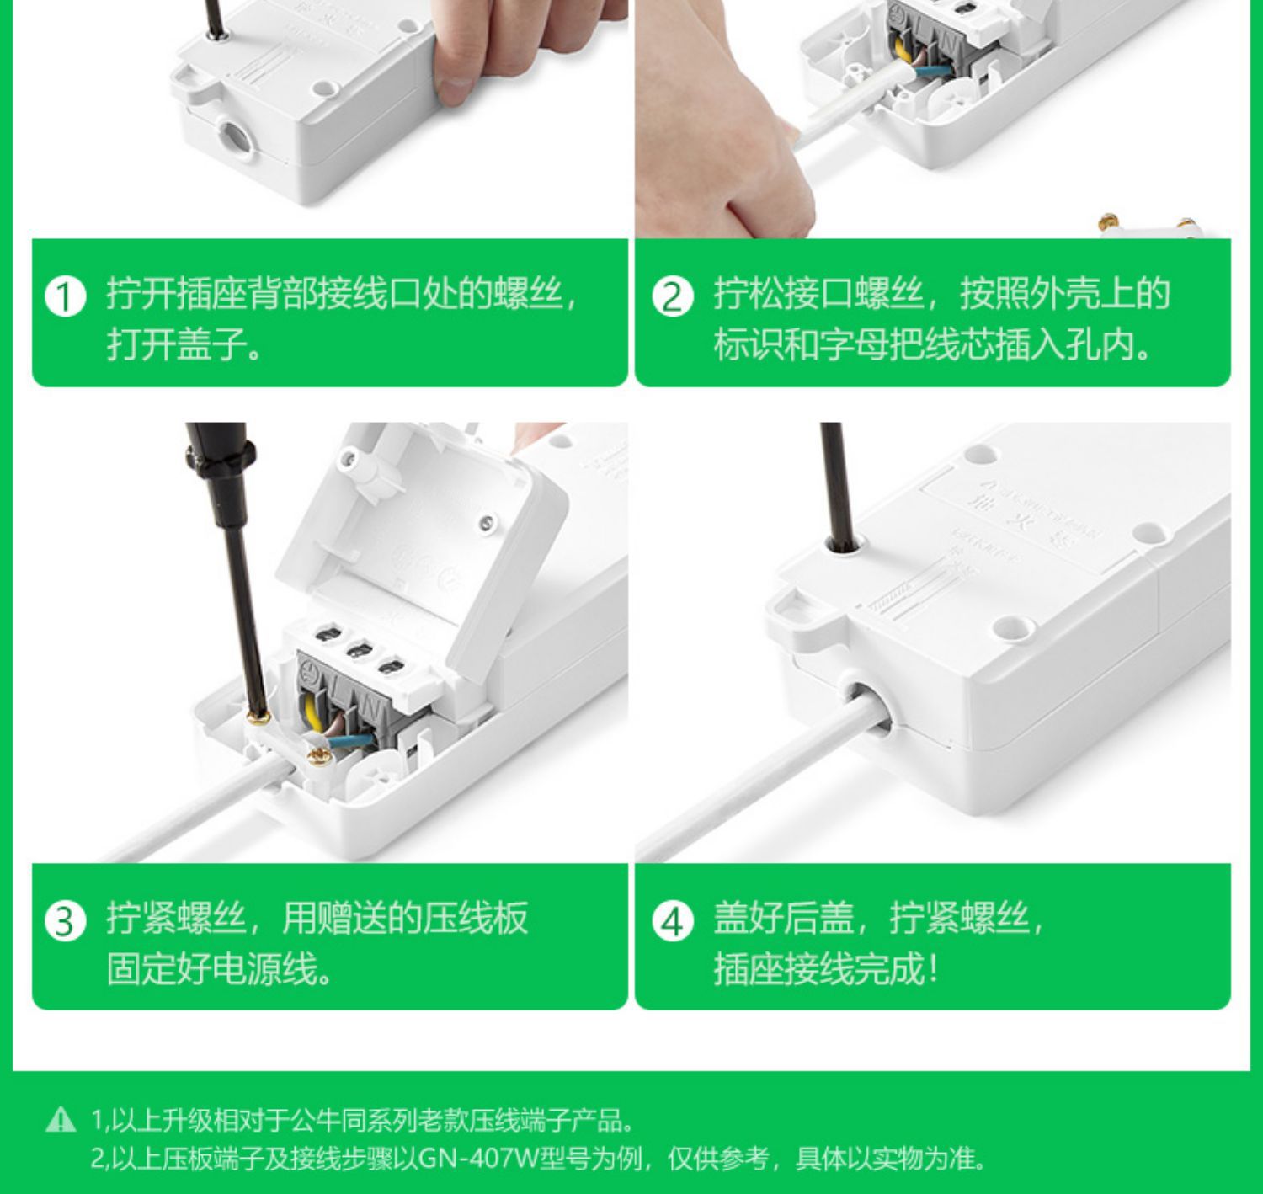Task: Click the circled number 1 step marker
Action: (x=66, y=297)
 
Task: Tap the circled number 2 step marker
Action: (x=673, y=297)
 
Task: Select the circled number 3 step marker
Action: (x=66, y=921)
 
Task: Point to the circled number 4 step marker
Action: (x=673, y=921)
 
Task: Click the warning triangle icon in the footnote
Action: (x=61, y=1120)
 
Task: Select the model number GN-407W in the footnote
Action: (x=477, y=1159)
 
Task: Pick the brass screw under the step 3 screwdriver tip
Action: (x=258, y=717)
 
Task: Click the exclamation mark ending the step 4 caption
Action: (x=932, y=968)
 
